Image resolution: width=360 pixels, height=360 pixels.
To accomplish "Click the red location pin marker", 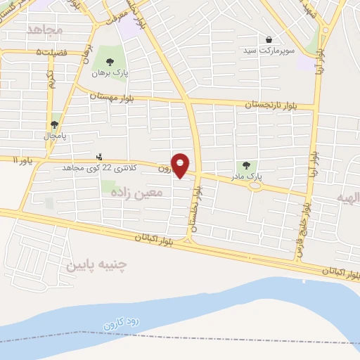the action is tap(181, 165).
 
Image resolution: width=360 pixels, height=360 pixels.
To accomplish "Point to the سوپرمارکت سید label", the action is tap(266, 51).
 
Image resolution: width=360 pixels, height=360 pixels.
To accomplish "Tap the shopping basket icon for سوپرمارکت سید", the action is tap(270, 39).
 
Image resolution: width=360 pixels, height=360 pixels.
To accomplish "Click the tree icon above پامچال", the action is tap(55, 124).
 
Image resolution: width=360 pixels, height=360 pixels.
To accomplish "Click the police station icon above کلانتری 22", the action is tap(99, 157).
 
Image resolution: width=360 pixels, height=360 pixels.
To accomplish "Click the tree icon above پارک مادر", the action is tap(245, 165).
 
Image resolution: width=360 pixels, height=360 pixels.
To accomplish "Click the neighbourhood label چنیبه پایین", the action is tap(96, 265).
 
